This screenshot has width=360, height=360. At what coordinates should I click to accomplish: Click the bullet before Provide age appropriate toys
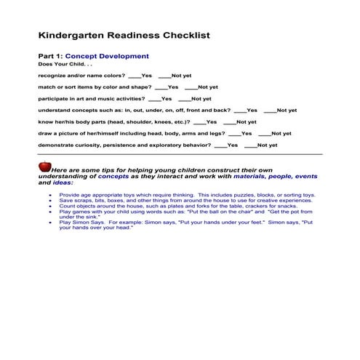pos(50,196)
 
